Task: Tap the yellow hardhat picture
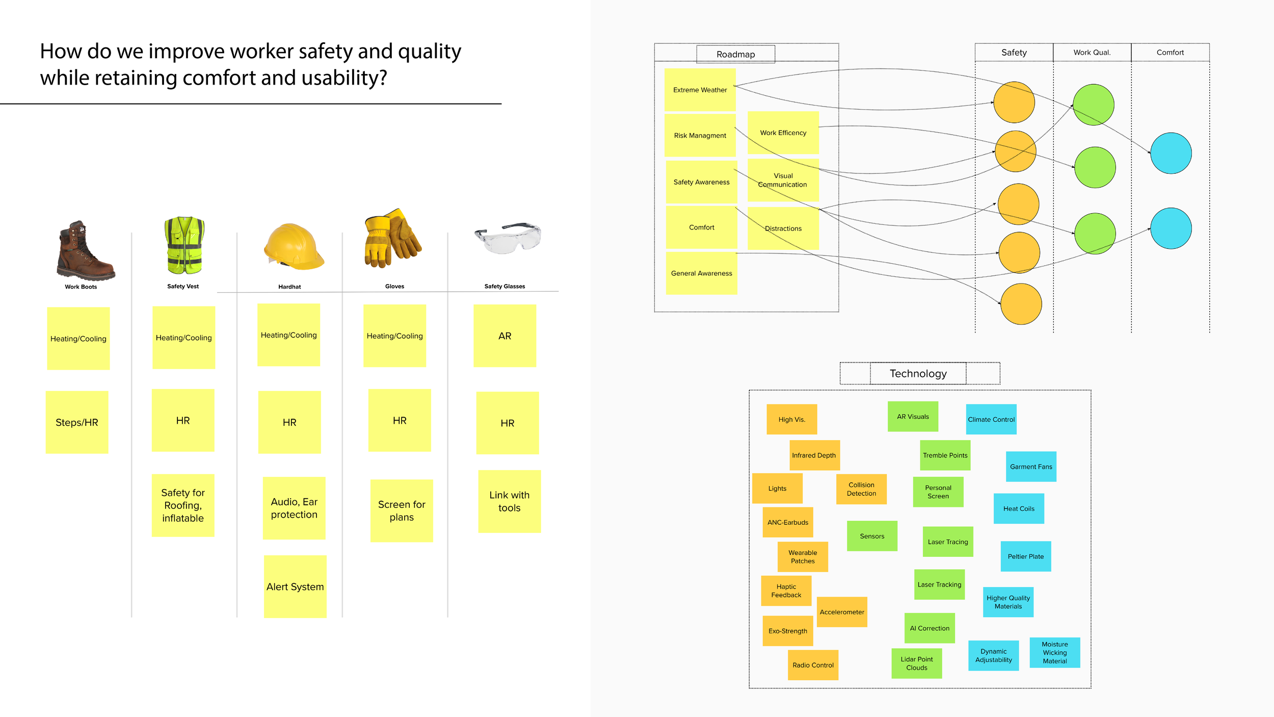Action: (x=293, y=247)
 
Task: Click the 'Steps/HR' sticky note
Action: (x=77, y=422)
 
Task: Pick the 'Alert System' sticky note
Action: (x=295, y=586)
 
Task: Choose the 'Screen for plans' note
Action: (x=402, y=510)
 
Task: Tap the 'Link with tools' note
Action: (x=509, y=501)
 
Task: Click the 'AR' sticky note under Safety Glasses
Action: (x=505, y=336)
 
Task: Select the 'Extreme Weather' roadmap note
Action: (x=700, y=90)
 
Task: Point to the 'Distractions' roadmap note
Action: (x=783, y=228)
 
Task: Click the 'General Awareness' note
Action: (x=701, y=273)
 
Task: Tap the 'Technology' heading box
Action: (x=918, y=373)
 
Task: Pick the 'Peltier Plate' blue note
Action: (x=1025, y=556)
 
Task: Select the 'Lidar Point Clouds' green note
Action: (x=916, y=663)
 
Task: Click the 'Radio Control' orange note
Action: (x=813, y=665)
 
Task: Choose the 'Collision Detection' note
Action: (x=861, y=489)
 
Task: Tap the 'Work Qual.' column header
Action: (x=1092, y=53)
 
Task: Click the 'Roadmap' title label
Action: (x=735, y=54)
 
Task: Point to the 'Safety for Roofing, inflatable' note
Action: (x=183, y=505)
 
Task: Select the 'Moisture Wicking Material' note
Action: (x=1054, y=652)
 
